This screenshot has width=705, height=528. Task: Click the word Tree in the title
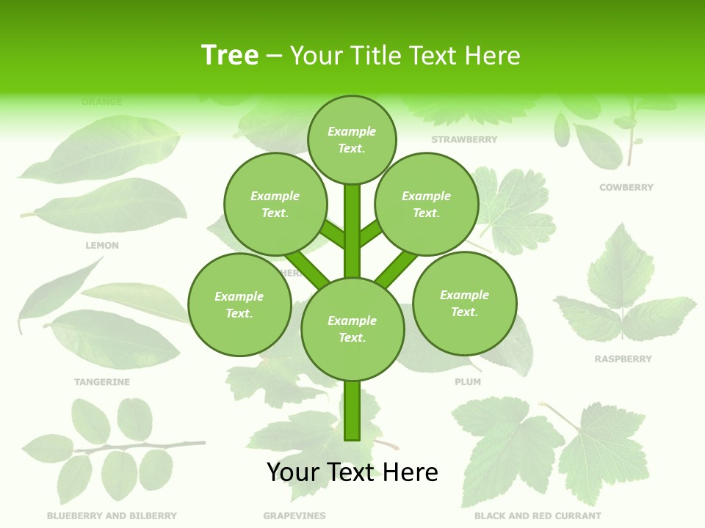[230, 55]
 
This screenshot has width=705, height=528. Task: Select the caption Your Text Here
[352, 472]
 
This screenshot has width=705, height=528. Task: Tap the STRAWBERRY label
[464, 139]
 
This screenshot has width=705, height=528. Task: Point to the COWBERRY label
[626, 188]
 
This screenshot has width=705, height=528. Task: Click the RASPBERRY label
[623, 359]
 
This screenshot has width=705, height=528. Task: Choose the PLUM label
[468, 382]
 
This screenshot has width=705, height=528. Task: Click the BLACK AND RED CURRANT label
[538, 516]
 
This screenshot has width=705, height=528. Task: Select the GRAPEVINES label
[294, 516]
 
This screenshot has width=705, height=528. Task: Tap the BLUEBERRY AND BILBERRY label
[112, 516]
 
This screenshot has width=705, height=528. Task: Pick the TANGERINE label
[102, 382]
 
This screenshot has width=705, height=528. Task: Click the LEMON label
[102, 246]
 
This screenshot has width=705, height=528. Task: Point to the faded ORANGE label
[102, 102]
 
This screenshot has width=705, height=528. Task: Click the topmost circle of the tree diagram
[352, 139]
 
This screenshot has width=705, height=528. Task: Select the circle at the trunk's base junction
[352, 329]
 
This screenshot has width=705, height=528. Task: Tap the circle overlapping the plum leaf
[464, 304]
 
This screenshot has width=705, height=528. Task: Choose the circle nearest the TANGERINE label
[239, 305]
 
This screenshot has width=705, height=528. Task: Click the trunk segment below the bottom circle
[352, 411]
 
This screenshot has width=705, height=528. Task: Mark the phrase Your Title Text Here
[405, 55]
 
